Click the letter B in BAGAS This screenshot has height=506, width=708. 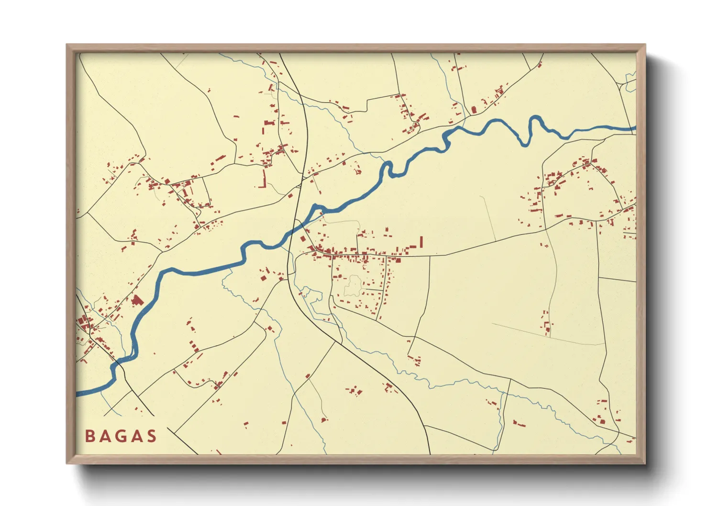point(89,436)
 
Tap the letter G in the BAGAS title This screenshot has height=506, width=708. point(121,436)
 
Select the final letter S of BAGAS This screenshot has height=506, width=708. point(152,436)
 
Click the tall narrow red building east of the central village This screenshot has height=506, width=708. point(421,242)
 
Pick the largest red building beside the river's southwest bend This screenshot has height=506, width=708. point(137,300)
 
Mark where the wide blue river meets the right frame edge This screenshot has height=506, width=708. point(635,128)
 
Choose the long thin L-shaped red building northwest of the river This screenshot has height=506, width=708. point(262,180)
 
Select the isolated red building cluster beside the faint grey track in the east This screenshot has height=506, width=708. point(546,323)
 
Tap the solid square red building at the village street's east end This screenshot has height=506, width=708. point(397,261)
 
